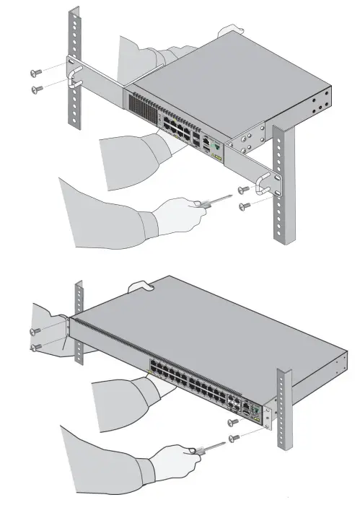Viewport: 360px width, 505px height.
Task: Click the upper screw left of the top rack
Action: (35, 71)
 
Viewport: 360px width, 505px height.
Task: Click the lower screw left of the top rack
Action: (36, 88)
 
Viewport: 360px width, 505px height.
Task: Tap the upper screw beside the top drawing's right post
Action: (242, 189)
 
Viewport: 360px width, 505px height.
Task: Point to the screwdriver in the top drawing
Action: (215, 201)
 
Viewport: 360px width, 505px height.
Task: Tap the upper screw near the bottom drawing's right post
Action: (232, 422)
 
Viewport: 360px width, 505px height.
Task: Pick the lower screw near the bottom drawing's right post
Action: (233, 438)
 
